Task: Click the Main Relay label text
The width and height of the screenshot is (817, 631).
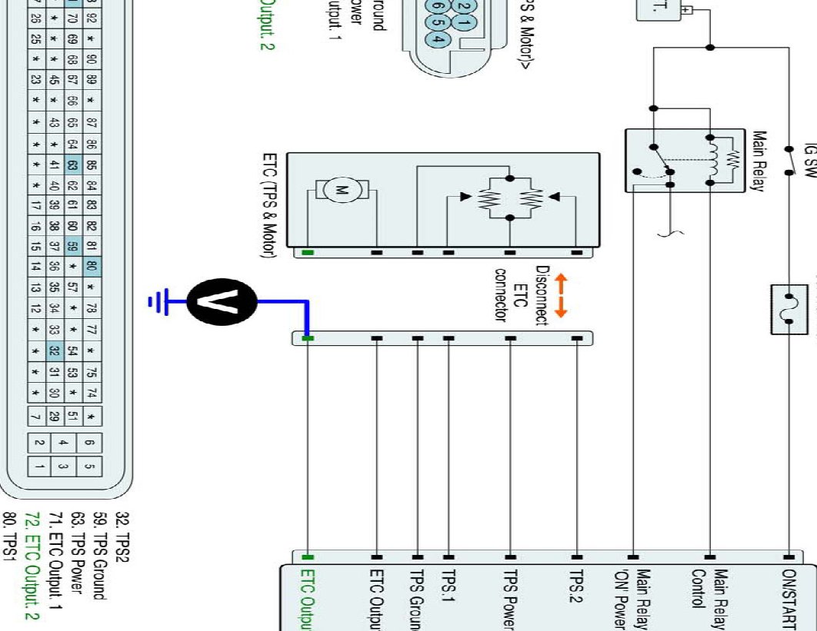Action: click(759, 171)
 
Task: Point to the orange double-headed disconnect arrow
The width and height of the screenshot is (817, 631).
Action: click(560, 297)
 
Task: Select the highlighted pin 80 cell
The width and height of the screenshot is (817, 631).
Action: click(92, 267)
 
